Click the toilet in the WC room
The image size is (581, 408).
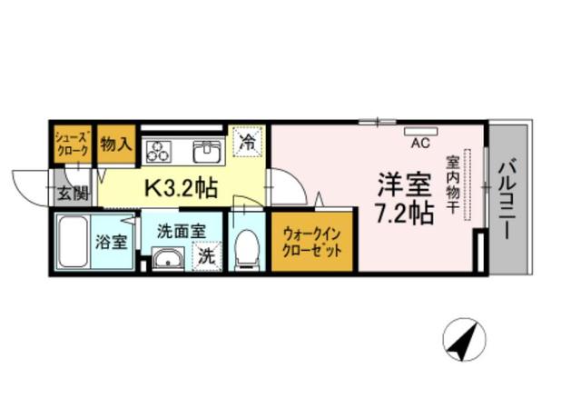pyautogui.click(x=246, y=249)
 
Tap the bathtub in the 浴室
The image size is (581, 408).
pyautogui.click(x=74, y=242)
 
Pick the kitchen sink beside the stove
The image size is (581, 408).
pyautogui.click(x=208, y=152)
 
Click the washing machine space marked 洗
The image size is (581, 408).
pyautogui.click(x=207, y=256)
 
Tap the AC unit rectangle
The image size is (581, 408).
pyautogui.click(x=420, y=131)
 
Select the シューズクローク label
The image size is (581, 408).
pyautogui.click(x=72, y=144)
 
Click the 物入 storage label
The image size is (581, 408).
pyautogui.click(x=116, y=144)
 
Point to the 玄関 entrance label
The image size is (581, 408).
pyautogui.click(x=74, y=194)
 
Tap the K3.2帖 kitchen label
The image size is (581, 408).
pyautogui.click(x=181, y=188)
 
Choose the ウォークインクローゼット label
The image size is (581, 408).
pyautogui.click(x=311, y=243)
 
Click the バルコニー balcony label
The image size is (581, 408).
pyautogui.click(x=508, y=198)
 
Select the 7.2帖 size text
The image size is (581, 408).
pyautogui.click(x=405, y=214)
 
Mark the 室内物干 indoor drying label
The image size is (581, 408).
pyautogui.click(x=452, y=184)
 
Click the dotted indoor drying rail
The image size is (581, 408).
pyautogui.click(x=468, y=184)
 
